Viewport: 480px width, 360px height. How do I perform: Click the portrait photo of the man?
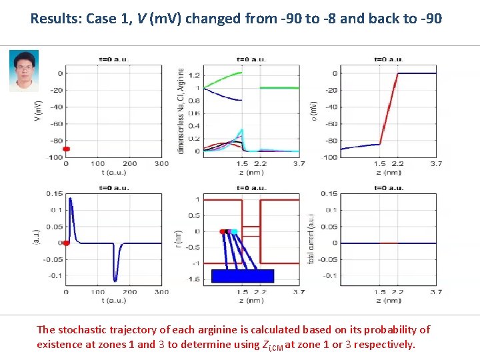coord(23,71)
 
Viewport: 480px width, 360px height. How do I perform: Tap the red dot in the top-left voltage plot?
coord(66,149)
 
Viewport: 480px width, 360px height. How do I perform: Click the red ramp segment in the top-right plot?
coord(389,109)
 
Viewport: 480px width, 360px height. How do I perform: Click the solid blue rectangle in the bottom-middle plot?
coord(243,276)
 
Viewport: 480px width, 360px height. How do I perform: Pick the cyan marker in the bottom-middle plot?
coord(234,231)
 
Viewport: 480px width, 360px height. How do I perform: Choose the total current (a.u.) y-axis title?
coord(311,238)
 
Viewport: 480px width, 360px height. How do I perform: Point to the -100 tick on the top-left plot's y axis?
coord(55,157)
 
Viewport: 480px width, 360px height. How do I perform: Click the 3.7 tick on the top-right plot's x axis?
coord(435,163)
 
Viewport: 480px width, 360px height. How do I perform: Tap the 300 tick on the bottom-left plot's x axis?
coord(161,292)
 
